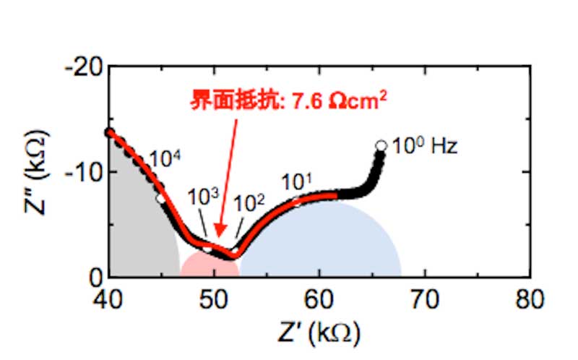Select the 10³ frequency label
point(200,197)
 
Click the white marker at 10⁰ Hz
point(381,146)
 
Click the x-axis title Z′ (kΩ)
point(320,333)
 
